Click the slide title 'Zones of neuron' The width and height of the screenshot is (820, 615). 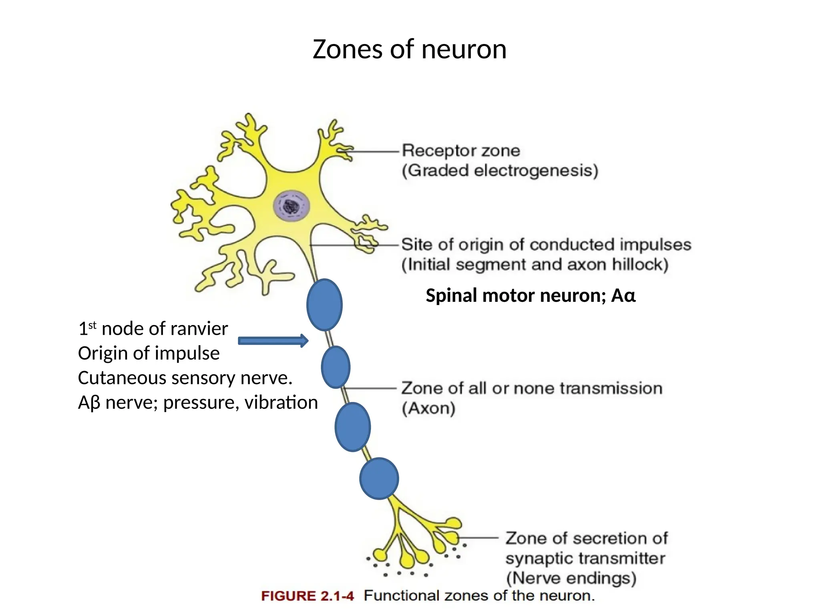click(x=409, y=49)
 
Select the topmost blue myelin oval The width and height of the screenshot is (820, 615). click(x=324, y=305)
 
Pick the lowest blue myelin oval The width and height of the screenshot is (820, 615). click(x=379, y=478)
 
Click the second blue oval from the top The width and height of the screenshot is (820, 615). click(x=336, y=367)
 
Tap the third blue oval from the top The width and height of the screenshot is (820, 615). click(x=352, y=427)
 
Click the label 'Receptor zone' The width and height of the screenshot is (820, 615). click(x=461, y=151)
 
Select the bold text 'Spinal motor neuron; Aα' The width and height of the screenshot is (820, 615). click(x=531, y=296)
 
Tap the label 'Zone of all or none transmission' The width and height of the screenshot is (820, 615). click(x=532, y=388)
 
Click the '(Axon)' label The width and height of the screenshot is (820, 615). click(x=428, y=408)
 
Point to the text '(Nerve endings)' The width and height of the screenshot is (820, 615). click(x=571, y=578)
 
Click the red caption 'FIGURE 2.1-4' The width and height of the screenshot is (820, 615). click(x=307, y=596)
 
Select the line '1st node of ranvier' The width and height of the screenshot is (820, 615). click(x=153, y=329)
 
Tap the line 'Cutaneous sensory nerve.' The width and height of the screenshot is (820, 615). click(x=185, y=378)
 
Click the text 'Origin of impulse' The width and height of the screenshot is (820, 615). click(x=149, y=354)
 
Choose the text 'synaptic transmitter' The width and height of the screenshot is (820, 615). click(x=585, y=558)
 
